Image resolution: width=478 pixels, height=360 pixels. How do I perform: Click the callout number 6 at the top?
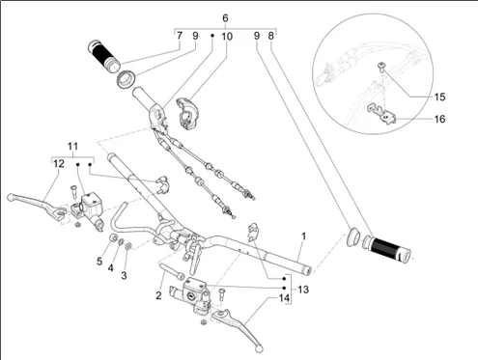pos(225,18)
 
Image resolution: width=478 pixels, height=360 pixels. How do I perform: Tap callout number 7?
pos(180,36)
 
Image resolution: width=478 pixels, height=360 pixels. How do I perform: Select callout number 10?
pos(227,37)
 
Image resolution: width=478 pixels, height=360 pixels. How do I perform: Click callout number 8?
pos(270,36)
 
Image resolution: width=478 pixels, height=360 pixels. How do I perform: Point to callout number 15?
pos(439,97)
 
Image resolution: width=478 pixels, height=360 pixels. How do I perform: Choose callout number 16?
pos(439,119)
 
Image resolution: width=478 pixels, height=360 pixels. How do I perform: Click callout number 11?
pos(72,147)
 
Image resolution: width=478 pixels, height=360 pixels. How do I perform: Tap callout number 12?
pos(59,164)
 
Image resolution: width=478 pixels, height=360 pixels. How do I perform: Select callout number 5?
pos(99,262)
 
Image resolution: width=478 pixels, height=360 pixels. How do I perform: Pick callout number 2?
pos(158,295)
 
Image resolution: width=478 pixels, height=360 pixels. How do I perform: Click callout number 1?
pos(303,236)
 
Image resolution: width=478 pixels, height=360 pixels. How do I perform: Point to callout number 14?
pos(284,298)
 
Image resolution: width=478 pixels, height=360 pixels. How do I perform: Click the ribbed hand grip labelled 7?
pos(103,55)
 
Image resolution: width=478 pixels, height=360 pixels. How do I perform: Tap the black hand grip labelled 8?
pos(386,247)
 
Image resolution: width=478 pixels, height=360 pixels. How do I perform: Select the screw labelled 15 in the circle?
pos(382,68)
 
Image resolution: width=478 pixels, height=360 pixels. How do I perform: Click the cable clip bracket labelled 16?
pos(382,114)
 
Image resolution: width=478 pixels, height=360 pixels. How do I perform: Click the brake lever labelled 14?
pos(239,328)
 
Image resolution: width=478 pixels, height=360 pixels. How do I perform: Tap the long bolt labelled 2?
pos(172,271)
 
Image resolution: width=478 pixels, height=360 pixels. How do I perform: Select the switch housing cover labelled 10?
pos(188,115)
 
